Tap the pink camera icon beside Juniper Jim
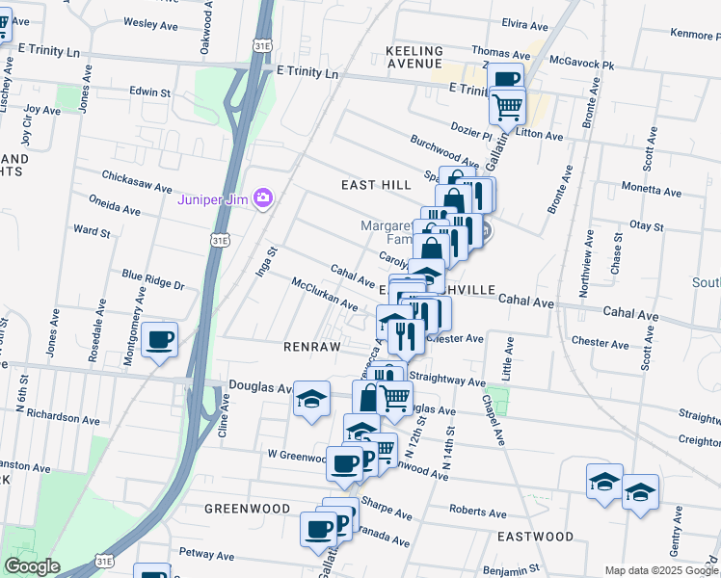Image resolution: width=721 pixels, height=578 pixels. (x=262, y=199)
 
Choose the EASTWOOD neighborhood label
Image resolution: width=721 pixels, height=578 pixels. (x=535, y=536)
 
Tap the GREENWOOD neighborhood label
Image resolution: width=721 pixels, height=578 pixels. (x=247, y=508)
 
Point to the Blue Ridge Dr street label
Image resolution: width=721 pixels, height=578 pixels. (x=151, y=282)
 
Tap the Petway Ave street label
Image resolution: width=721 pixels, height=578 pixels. (x=207, y=556)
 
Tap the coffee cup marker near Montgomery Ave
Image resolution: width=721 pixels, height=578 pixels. (x=160, y=339)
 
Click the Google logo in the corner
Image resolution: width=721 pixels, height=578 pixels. (x=32, y=566)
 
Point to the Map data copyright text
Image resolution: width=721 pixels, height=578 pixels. (x=662, y=570)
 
